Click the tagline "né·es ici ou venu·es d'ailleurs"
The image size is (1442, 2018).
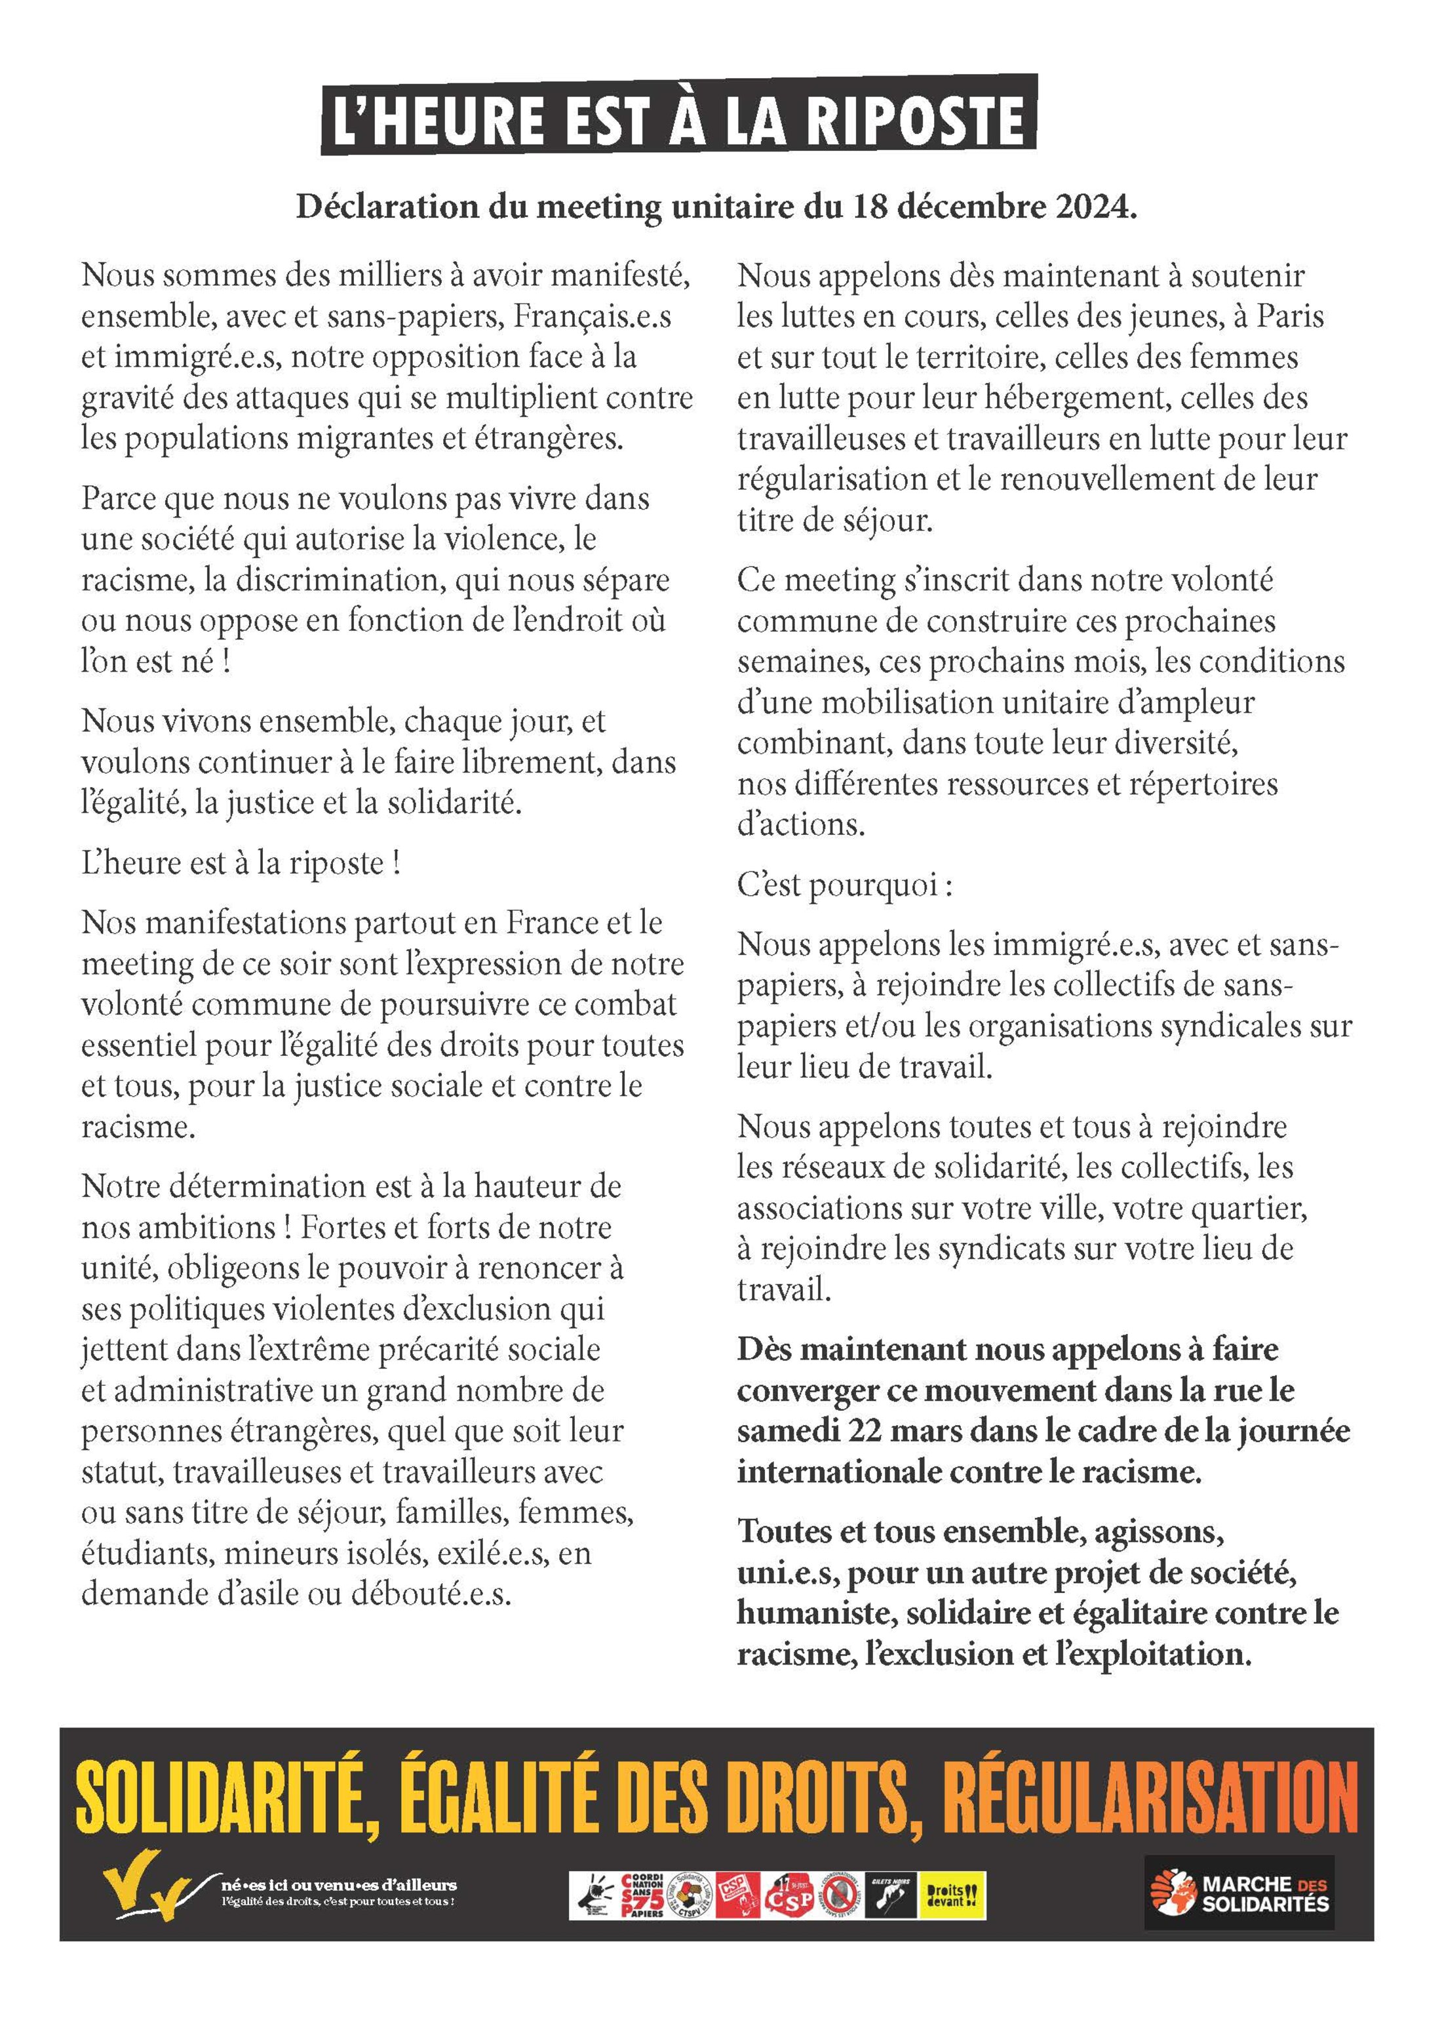(x=338, y=1884)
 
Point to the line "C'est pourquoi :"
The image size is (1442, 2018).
(x=844, y=885)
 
